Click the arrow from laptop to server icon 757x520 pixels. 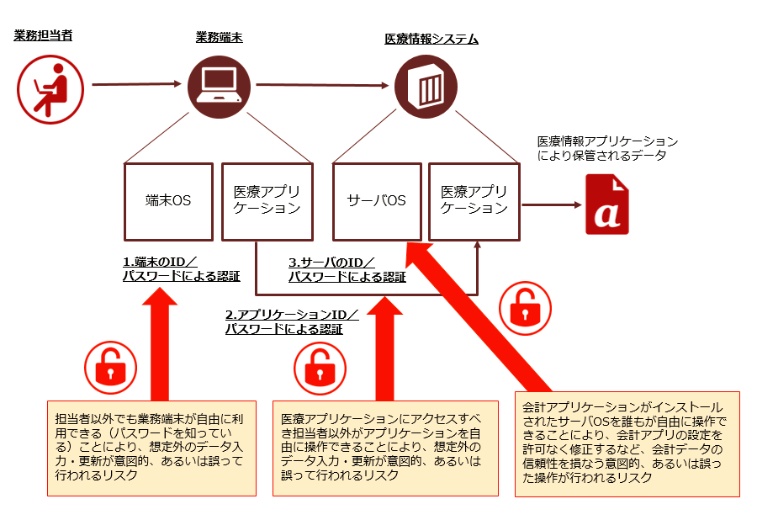324,84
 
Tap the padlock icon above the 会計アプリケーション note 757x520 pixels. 521,310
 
